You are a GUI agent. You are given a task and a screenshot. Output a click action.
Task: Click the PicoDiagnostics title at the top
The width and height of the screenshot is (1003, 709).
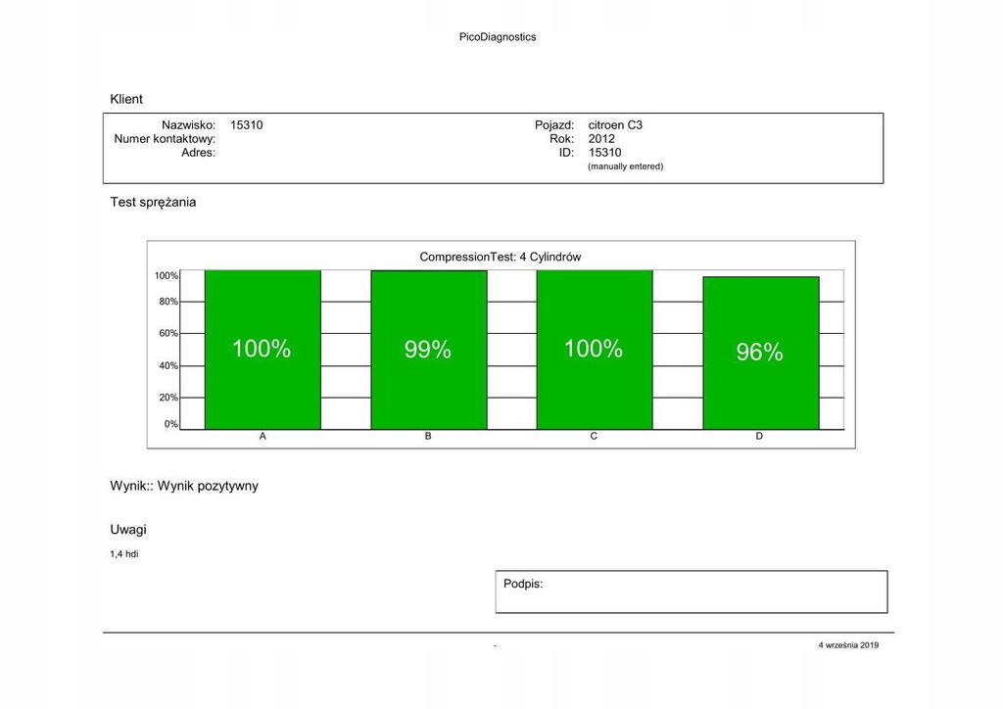tap(497, 37)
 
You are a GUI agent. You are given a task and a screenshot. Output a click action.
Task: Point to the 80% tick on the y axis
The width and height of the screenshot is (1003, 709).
tap(168, 302)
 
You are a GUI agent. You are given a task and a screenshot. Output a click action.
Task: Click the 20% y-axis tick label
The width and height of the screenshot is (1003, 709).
tap(168, 398)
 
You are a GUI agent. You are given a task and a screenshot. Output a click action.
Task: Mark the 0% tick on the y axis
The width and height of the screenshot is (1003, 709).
tap(170, 424)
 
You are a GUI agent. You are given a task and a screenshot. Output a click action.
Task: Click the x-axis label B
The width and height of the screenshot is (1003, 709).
tap(428, 436)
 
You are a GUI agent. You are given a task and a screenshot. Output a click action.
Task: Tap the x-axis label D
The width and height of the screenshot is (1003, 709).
tap(759, 436)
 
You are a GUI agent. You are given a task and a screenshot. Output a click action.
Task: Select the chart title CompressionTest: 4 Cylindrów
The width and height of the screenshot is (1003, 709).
tap(501, 257)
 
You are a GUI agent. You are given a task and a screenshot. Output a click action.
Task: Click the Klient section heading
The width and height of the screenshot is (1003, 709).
tap(126, 99)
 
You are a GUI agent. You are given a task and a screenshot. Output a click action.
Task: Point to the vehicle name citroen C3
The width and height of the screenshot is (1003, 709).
tap(615, 125)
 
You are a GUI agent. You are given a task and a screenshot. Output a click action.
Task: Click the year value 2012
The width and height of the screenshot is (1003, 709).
tap(601, 139)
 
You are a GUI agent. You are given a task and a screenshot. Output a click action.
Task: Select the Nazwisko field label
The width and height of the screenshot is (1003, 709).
tap(188, 125)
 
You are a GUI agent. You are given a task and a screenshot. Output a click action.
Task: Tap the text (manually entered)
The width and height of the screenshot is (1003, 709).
tap(625, 166)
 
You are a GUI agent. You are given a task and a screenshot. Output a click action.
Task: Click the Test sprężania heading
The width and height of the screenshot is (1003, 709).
tap(153, 202)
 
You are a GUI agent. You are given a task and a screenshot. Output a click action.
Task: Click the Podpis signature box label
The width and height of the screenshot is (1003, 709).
tap(523, 584)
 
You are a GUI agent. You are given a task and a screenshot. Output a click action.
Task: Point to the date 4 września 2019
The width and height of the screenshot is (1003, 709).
tap(848, 645)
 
